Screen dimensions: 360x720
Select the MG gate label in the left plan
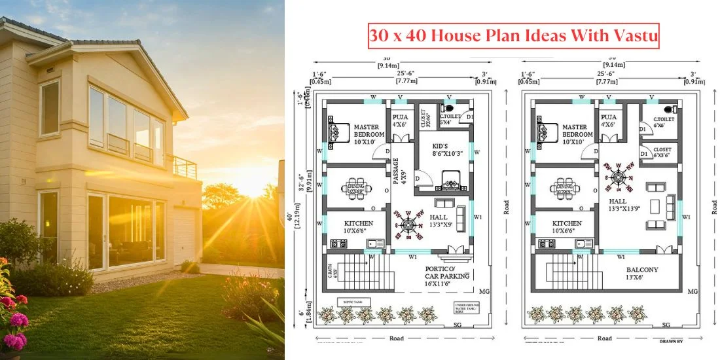(484, 291)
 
